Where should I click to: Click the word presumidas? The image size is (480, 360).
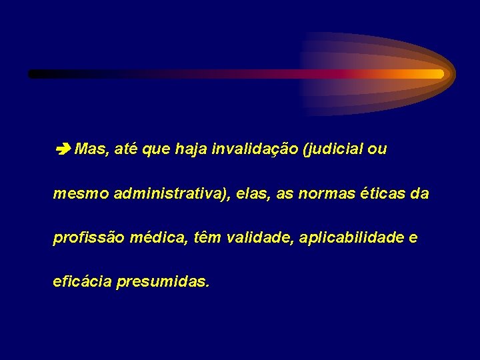pos(163,283)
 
